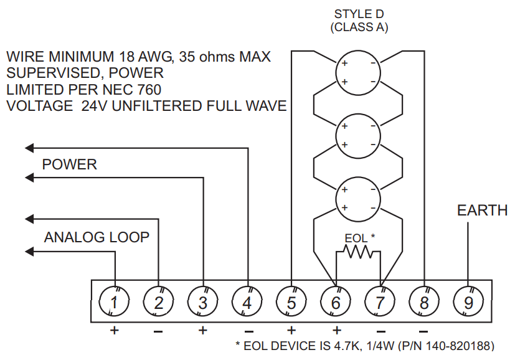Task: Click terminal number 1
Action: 115,303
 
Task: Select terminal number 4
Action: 247,303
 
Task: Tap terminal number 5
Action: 291,303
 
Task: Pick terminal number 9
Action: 468,303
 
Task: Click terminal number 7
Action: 380,303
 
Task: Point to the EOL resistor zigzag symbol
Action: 358,252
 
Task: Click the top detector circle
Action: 357,72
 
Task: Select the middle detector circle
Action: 357,135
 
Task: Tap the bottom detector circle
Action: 357,199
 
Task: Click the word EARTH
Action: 482,211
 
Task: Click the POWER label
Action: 69,164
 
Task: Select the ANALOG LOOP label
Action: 97,237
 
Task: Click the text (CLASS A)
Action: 359,27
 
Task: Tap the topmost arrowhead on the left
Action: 29,148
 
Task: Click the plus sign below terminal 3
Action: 202,330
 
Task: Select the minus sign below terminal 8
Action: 423,330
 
